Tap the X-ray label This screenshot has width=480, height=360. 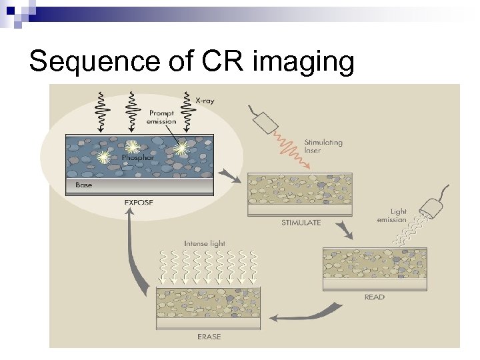(205, 100)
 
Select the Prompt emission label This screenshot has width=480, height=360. (162, 117)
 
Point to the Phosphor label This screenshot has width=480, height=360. (137, 158)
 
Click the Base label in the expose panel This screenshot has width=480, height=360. (84, 185)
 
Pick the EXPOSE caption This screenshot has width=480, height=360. (139, 202)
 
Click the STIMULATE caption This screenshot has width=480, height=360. (301, 223)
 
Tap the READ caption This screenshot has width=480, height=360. (374, 297)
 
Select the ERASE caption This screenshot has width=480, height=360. (208, 337)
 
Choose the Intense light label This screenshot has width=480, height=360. (205, 243)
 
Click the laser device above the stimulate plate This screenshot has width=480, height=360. (265, 122)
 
